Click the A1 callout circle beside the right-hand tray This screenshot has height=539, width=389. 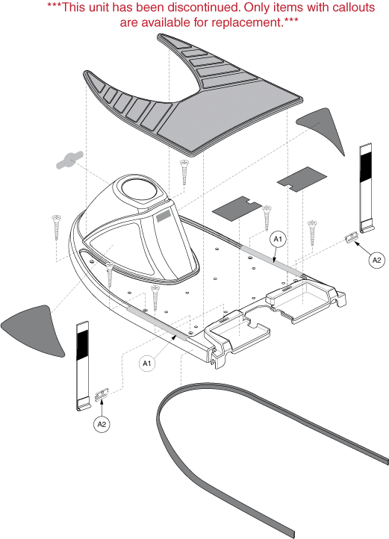[278, 239]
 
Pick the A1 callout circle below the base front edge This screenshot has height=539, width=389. [147, 364]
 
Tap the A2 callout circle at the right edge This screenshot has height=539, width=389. [376, 260]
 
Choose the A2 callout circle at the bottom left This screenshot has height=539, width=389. [102, 425]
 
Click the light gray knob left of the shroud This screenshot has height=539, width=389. [69, 160]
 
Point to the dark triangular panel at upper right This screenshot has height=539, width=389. [323, 129]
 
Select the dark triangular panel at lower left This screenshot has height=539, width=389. [34, 331]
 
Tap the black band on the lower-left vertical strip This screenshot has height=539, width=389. [82, 346]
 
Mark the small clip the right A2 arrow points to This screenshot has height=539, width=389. [352, 237]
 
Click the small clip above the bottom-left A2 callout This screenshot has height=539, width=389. [102, 395]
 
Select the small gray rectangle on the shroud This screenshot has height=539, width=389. [164, 216]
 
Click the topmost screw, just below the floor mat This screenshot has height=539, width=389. [184, 172]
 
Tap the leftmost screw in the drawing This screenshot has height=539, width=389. [56, 227]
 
